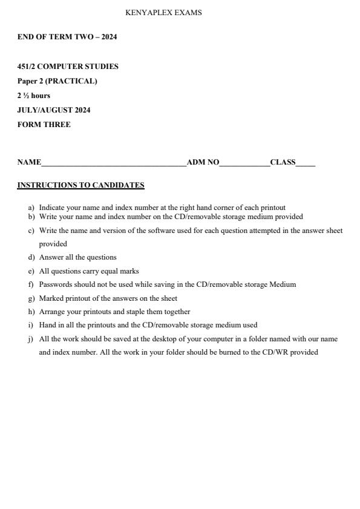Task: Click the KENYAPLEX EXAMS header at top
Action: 163,13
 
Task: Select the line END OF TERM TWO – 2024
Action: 67,37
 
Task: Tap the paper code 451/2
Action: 26,67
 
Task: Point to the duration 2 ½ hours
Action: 34,96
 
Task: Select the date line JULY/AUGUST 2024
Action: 54,110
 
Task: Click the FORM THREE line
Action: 44,125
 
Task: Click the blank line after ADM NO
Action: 244,163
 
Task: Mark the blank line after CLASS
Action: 306,163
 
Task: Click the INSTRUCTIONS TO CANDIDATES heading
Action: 80,185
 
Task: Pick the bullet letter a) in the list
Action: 31,208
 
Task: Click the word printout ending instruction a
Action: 273,208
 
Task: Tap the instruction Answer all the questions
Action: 77,257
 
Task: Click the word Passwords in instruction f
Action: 55,284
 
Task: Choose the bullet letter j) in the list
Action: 31,339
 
